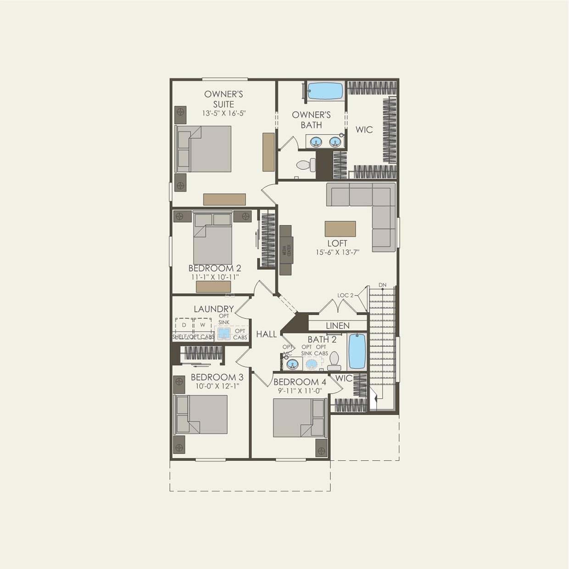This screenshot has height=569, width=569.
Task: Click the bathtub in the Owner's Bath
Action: click(x=325, y=90)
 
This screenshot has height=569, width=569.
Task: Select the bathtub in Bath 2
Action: click(x=357, y=351)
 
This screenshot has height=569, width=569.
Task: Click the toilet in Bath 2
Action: click(x=334, y=361)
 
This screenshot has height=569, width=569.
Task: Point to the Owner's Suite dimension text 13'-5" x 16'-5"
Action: click(x=223, y=113)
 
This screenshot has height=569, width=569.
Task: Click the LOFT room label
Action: click(x=337, y=243)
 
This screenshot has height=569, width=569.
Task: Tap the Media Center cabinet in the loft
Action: click(x=285, y=250)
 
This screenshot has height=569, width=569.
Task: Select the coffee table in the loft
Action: click(x=340, y=229)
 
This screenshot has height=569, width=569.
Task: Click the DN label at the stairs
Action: click(x=383, y=285)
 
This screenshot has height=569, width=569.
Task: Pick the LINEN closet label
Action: click(x=338, y=325)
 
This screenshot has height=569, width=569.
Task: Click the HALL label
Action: click(x=267, y=334)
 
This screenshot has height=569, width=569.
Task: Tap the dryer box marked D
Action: click(x=184, y=325)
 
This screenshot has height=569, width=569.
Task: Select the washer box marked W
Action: click(x=202, y=325)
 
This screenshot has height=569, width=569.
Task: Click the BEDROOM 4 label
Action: click(x=300, y=382)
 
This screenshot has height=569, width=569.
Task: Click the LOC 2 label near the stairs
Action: click(x=346, y=295)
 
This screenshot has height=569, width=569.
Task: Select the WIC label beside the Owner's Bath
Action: click(x=364, y=129)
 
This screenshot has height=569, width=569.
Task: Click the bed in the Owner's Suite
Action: click(x=205, y=149)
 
